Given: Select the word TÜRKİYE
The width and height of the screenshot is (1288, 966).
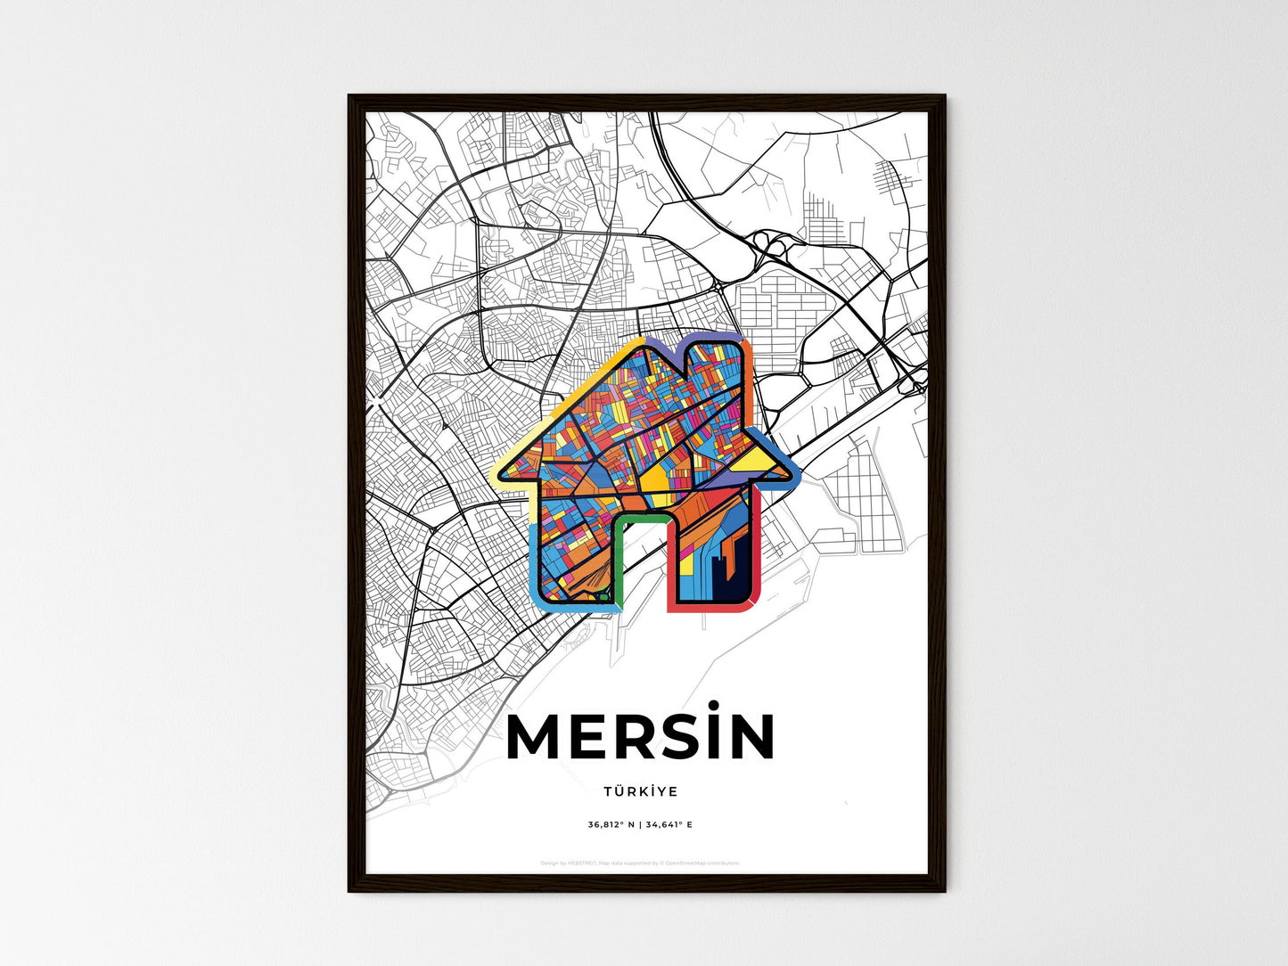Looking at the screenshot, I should (640, 791).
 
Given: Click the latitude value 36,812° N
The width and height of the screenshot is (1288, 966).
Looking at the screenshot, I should (611, 825).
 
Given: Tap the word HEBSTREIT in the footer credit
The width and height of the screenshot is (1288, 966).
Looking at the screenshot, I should (583, 864).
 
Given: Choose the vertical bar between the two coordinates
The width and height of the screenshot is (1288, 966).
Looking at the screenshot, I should (639, 825).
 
